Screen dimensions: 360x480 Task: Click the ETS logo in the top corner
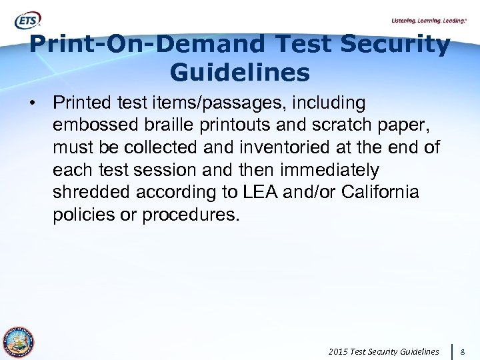click(28, 21)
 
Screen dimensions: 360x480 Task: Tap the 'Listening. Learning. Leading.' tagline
click(429, 21)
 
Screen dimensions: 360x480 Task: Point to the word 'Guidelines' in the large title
click(240, 73)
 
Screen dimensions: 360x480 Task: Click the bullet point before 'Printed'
click(31, 104)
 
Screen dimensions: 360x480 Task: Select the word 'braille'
click(165, 125)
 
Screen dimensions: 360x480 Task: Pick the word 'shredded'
click(94, 191)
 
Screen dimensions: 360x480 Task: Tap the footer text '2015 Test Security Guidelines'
click(384, 351)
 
